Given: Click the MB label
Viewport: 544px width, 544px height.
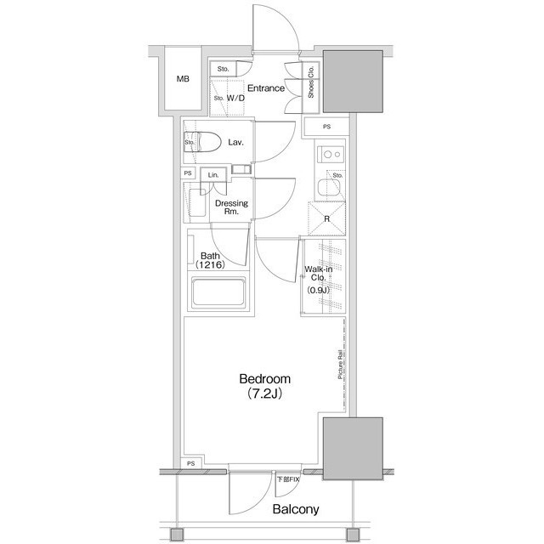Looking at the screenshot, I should [x=183, y=80].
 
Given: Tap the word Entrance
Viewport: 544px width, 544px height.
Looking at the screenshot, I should [x=265, y=87].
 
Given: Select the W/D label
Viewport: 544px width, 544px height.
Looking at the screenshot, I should [x=235, y=98].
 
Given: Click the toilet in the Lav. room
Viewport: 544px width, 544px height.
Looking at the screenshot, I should [x=205, y=143].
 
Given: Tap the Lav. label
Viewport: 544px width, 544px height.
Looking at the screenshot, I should [x=235, y=142].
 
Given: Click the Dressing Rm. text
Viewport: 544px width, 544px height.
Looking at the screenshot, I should [x=230, y=208].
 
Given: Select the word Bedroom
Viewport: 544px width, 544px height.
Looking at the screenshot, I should [x=264, y=379].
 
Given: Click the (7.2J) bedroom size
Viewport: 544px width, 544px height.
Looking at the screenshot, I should [x=265, y=394].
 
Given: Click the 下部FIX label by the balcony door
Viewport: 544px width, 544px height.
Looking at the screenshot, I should [x=288, y=480].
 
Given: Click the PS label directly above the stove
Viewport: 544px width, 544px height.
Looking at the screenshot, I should [x=328, y=127].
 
